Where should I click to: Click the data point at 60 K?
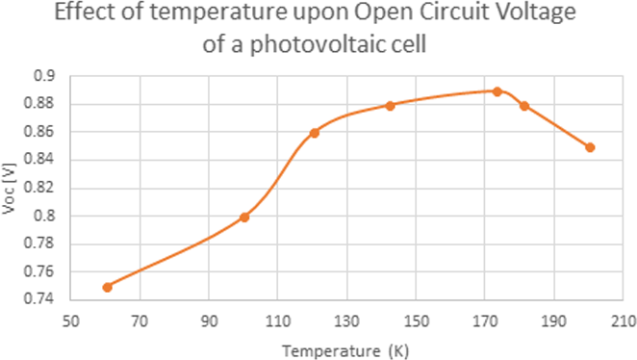click(x=107, y=287)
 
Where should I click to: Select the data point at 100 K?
click(x=244, y=217)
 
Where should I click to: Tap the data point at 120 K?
click(x=315, y=133)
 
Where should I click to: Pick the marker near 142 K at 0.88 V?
click(x=391, y=105)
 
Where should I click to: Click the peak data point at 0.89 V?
click(x=497, y=91)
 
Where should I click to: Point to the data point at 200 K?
click(x=590, y=147)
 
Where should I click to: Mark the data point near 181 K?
click(x=524, y=105)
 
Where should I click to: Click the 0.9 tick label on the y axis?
click(x=45, y=76)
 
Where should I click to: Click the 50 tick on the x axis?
click(x=72, y=319)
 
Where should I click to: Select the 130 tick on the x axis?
click(x=347, y=319)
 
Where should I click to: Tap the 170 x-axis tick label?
click(x=485, y=319)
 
